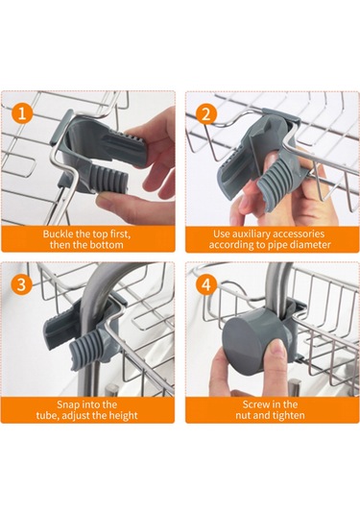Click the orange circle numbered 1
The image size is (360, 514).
coord(22,113)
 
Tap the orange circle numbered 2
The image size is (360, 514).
coord(206,113)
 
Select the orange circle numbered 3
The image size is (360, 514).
coord(22,283)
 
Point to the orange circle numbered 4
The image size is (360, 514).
coord(206,283)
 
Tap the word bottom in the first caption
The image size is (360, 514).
coord(108,245)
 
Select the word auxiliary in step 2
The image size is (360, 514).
coord(252,234)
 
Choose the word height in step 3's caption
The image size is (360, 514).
coord(122,416)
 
